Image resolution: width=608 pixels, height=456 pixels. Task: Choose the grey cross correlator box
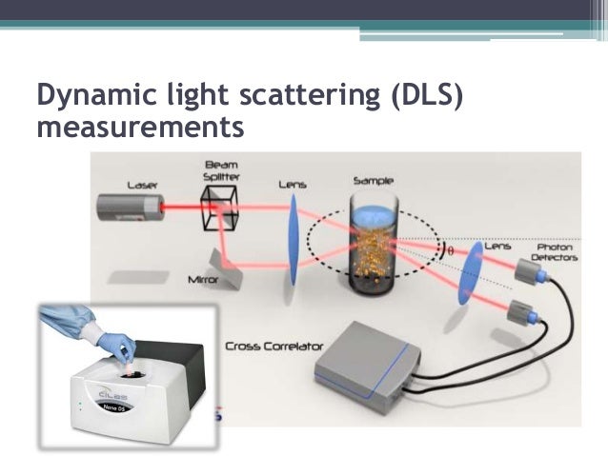[x=366, y=367]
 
